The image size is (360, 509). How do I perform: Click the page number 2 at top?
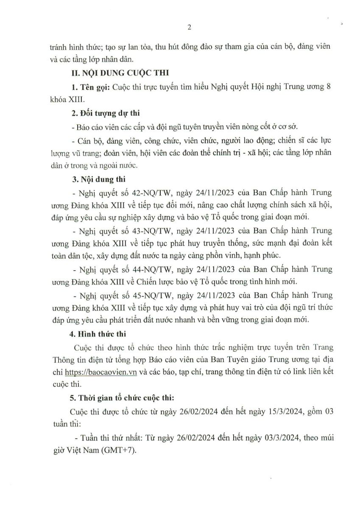(190, 28)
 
